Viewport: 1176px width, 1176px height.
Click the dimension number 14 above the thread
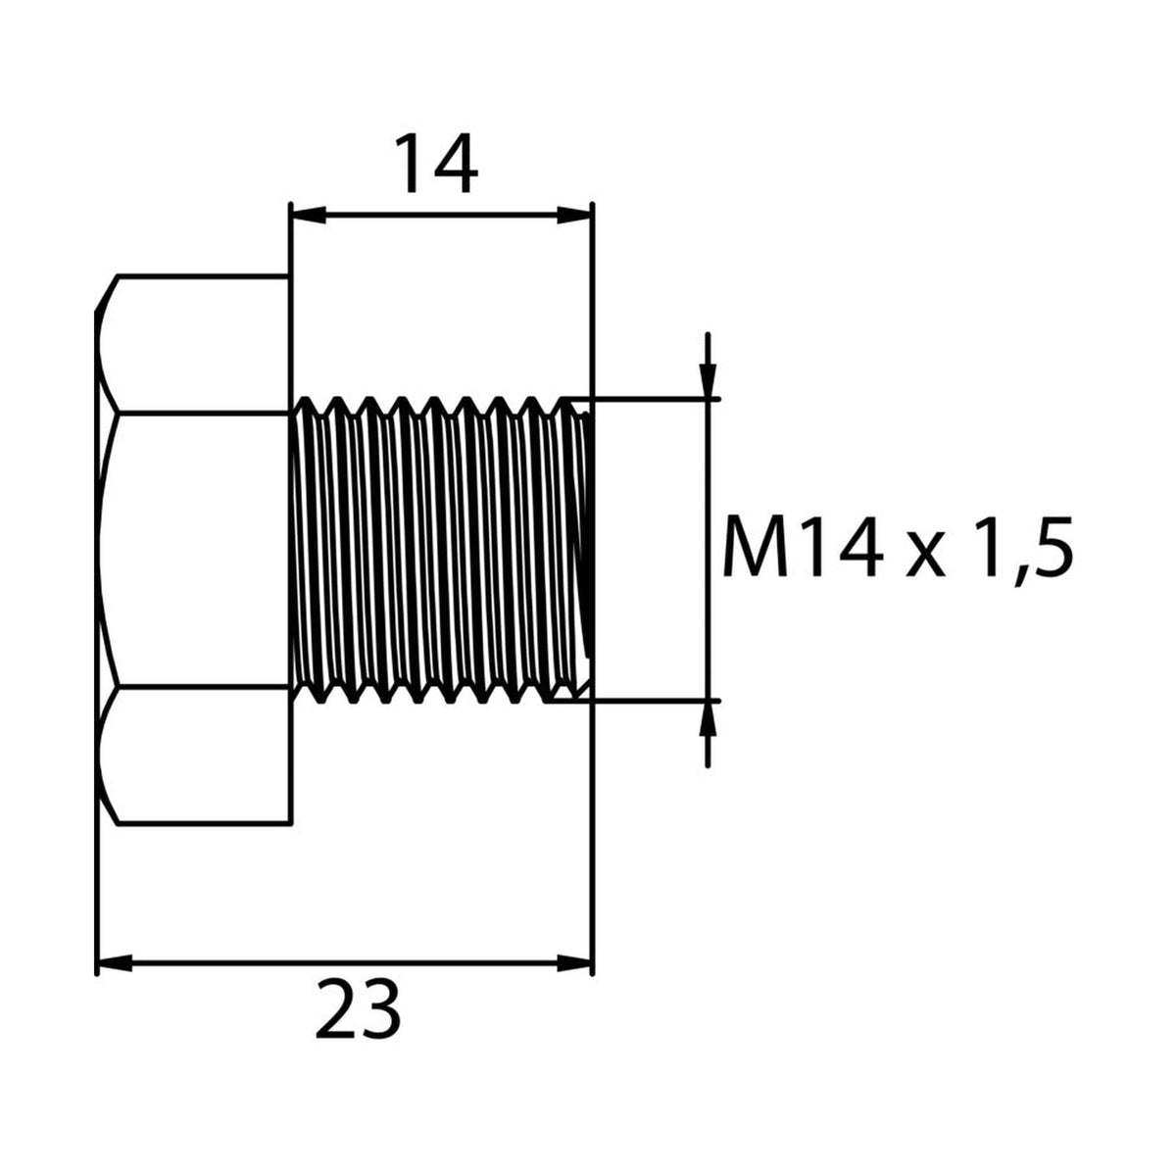tap(436, 164)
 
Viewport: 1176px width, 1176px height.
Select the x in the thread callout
tap(926, 556)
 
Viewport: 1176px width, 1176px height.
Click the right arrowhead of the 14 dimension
tap(574, 215)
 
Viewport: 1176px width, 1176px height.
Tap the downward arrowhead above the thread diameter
tap(708, 381)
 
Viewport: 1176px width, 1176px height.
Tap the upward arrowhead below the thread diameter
tap(708, 719)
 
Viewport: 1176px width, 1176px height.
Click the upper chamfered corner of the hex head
tap(107, 294)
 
